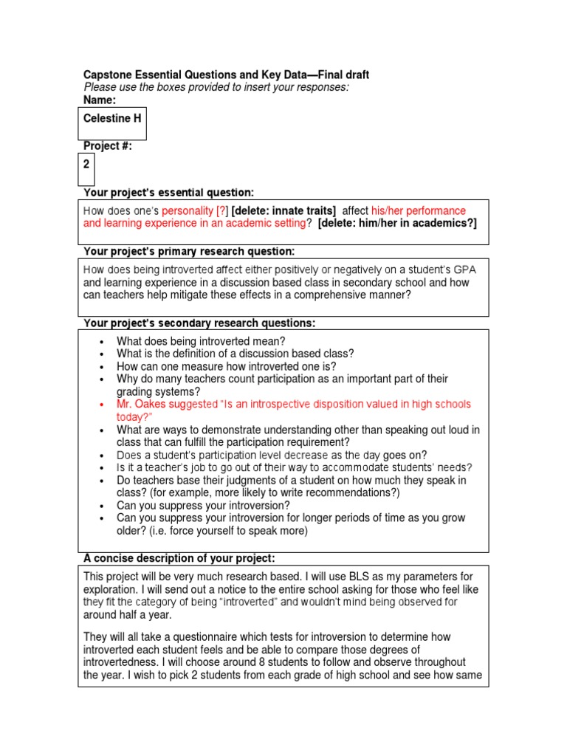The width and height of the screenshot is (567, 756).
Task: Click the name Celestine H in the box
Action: [112, 118]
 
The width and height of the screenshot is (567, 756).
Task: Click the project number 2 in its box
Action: [87, 164]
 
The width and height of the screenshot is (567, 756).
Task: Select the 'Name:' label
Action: [100, 100]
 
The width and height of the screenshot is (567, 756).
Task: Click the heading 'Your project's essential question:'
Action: [168, 193]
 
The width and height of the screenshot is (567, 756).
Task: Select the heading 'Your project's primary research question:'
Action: [189, 252]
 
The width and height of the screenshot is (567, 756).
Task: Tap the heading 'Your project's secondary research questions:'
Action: [199, 323]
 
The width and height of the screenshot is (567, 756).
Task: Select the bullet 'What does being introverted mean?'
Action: [201, 341]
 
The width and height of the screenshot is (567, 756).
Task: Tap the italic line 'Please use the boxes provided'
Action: [216, 87]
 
